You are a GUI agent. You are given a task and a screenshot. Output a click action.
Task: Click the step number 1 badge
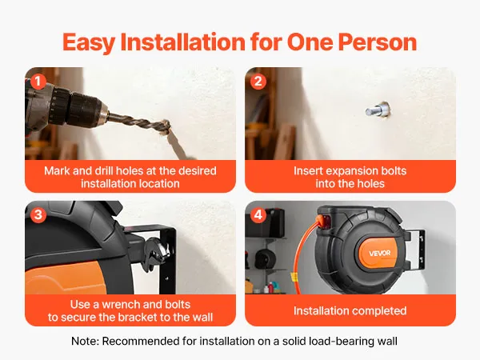tap(38, 82)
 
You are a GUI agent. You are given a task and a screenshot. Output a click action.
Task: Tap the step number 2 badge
tap(258, 82)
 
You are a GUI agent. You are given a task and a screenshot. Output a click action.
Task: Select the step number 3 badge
tap(38, 215)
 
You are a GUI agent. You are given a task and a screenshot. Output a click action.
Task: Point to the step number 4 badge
tap(258, 215)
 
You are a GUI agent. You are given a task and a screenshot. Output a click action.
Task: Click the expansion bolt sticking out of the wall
tap(378, 110)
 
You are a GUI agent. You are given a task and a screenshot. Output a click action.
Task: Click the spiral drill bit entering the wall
tap(138, 123)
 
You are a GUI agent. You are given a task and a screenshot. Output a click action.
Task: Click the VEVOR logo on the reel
tap(379, 253)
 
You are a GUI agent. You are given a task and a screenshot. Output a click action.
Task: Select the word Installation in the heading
tap(182, 42)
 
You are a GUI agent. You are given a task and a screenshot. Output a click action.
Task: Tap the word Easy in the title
tap(89, 43)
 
